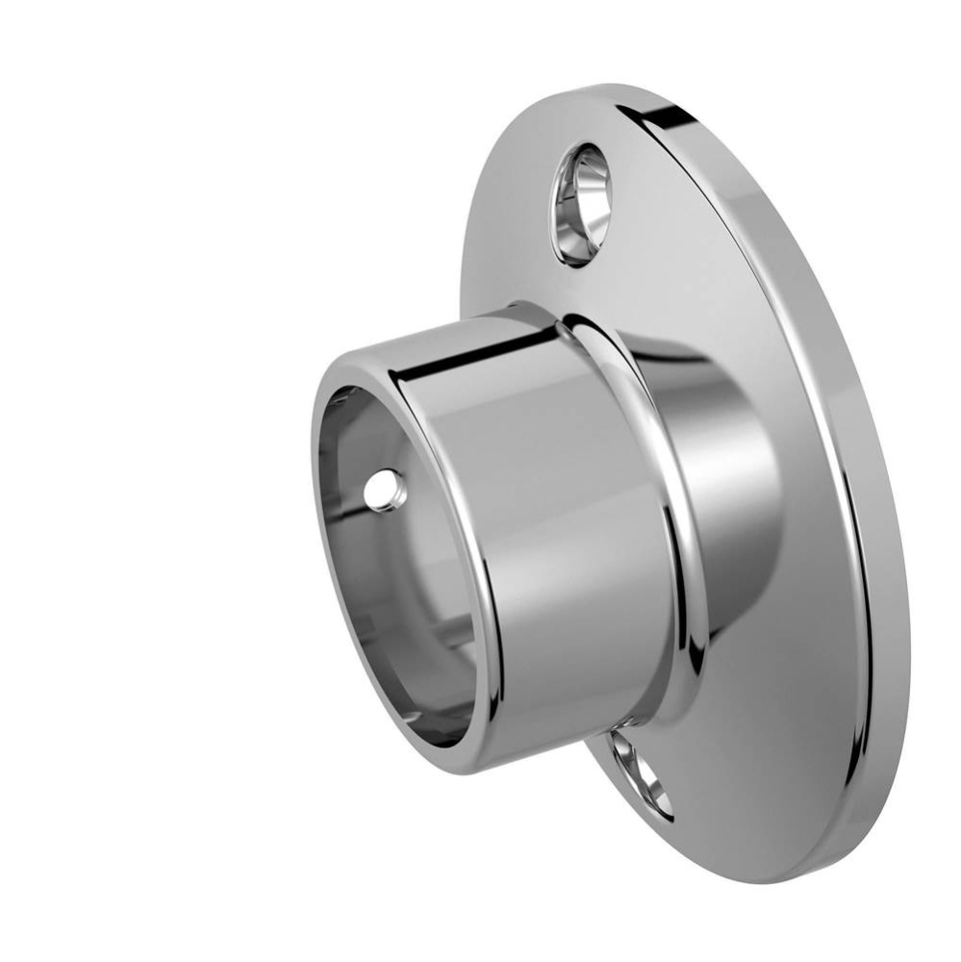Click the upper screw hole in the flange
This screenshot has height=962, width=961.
[581, 204]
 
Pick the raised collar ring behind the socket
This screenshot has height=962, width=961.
[664, 500]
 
